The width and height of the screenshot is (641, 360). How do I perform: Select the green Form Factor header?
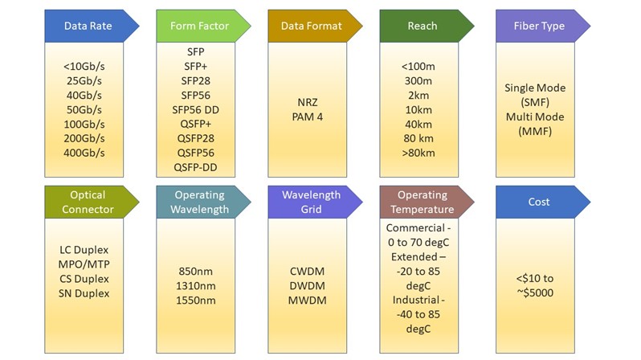coord(200,26)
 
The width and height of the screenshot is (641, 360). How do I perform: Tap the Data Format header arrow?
coord(311,26)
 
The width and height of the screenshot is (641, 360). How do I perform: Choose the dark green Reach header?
coord(423,26)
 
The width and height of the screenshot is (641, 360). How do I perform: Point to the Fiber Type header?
coord(539,26)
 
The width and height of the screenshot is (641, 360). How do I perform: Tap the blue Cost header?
coord(539,202)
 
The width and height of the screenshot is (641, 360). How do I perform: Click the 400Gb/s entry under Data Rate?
coord(84,152)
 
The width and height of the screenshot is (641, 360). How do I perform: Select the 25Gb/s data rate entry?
coord(84,80)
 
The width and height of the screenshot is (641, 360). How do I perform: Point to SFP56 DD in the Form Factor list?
coord(195,109)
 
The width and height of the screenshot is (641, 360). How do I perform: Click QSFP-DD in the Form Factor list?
coord(195,167)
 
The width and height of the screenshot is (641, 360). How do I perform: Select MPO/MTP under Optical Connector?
coord(84,264)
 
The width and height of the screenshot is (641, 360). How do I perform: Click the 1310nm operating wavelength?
coord(195,285)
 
